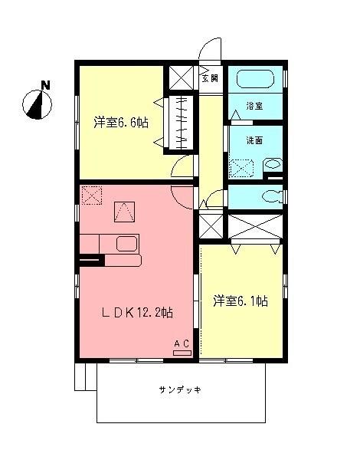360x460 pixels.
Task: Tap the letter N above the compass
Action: (x=45, y=85)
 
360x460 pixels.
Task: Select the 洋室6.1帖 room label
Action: (x=240, y=301)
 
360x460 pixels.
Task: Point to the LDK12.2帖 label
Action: (x=138, y=312)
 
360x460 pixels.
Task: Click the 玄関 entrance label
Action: (x=210, y=77)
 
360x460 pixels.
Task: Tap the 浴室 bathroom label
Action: (x=255, y=107)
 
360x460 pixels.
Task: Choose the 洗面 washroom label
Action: (x=255, y=141)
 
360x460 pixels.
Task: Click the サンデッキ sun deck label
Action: (x=180, y=389)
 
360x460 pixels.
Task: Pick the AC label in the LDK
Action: (x=182, y=343)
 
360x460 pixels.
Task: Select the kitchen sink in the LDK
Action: (x=126, y=244)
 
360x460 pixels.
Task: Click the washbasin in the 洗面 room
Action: (x=272, y=165)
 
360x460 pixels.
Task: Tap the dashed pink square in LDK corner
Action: (x=92, y=195)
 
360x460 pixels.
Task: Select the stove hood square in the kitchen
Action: (x=124, y=209)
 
